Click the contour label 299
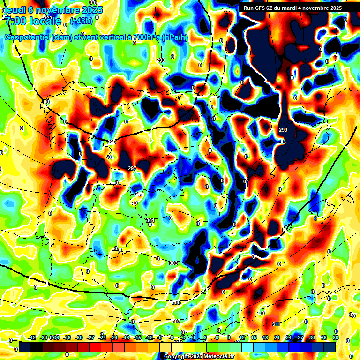tap(283, 130)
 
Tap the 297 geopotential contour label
tap(132, 168)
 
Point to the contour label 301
tap(150, 220)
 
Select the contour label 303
tap(173, 263)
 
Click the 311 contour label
tap(276, 324)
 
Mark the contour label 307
tap(176, 321)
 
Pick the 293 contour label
tap(161, 60)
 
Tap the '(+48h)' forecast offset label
tap(81, 21)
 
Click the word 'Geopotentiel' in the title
tap(27, 37)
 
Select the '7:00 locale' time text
tap(33, 21)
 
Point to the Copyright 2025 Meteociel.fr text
tap(199, 357)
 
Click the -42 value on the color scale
tap(32, 337)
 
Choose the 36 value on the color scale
tap(336, 337)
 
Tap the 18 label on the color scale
tap(265, 337)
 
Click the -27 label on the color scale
tap(90, 337)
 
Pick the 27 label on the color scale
tap(300, 337)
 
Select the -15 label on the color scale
tap(137, 337)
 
